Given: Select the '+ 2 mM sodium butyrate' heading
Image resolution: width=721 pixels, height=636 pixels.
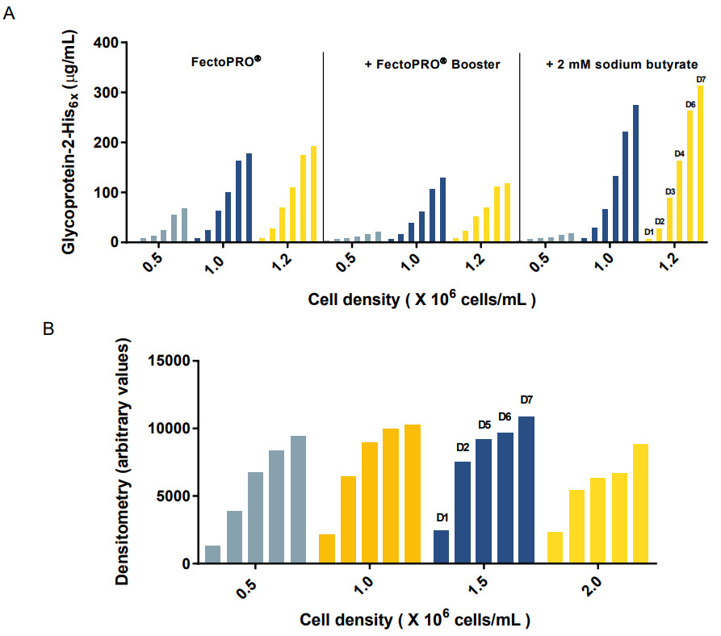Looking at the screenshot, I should (622, 65).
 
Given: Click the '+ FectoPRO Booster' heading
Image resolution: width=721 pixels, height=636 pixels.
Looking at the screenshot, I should (428, 65).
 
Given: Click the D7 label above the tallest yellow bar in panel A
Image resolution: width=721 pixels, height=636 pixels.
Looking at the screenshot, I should (701, 79).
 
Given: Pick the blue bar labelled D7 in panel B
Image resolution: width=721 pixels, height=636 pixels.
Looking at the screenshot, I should (526, 490).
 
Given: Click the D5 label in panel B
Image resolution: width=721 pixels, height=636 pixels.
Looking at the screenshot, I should (484, 425).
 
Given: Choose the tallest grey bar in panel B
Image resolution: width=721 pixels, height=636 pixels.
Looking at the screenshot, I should (298, 500).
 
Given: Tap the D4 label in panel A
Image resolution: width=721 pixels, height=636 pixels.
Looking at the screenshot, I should (680, 153).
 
